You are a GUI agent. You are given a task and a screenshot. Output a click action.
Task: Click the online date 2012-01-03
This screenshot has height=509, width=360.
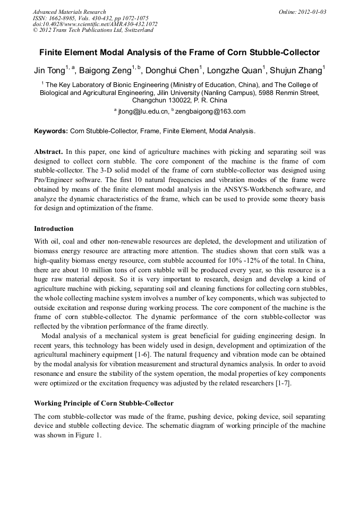pos(312,12)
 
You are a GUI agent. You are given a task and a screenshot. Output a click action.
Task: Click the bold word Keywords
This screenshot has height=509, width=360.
pos(51,131)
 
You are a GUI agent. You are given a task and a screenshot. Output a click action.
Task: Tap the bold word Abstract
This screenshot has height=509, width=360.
pos(49,151)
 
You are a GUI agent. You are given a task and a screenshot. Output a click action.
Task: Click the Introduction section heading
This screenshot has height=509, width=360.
pos(54,229)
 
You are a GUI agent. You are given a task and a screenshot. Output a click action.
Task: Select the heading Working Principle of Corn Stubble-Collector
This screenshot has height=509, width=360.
pos(104,403)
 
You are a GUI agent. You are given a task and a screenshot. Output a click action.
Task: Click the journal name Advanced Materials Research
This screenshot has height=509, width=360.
pos(69,12)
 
